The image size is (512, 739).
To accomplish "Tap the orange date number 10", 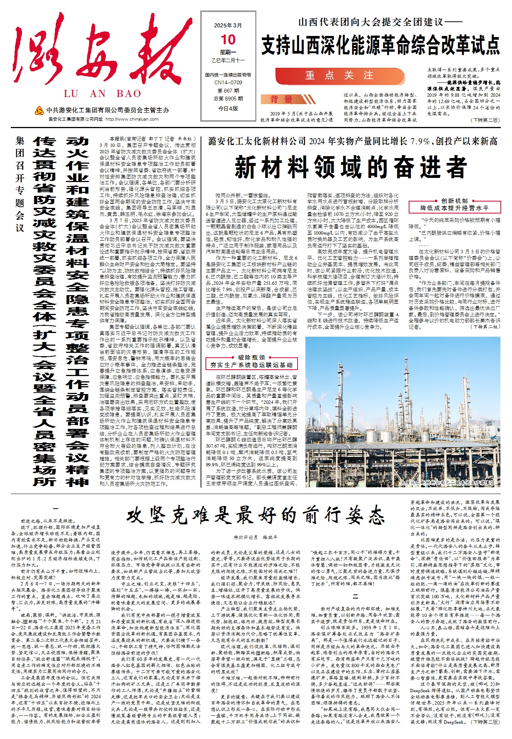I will coord(228,40).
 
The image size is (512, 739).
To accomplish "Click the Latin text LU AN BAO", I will coord(102,94).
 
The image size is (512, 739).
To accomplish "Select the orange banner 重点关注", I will coord(339,76).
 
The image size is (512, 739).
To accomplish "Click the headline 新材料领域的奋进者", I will coord(351,167).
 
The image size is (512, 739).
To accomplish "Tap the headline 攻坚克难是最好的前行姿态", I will coord(256,516).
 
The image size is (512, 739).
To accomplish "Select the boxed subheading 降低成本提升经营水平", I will coord(454,208).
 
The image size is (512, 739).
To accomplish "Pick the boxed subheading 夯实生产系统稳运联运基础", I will coord(252,364).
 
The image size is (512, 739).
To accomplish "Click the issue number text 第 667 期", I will coord(228,91).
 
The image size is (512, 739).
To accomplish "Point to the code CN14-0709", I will coord(228,82).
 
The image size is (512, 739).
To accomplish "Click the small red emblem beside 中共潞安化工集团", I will coord(39,110).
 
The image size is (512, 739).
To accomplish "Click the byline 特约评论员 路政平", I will coord(256,537).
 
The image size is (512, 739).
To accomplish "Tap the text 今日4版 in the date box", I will coord(228,108).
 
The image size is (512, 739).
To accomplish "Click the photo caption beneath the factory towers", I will coord(447,482).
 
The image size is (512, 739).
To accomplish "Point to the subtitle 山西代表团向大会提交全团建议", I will coord(380,22).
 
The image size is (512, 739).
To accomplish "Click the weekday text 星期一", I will coord(228,52).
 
